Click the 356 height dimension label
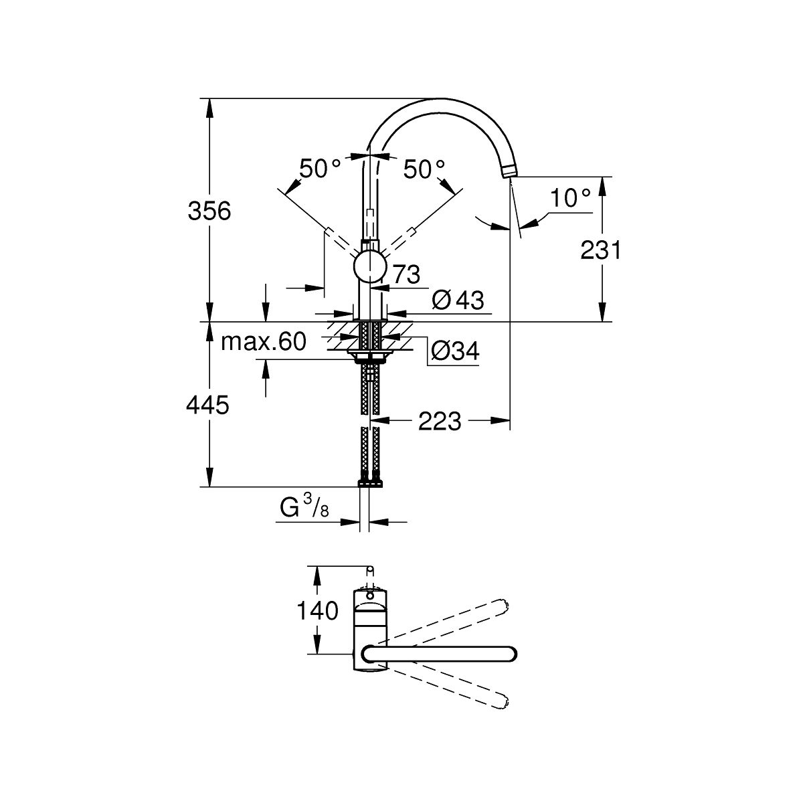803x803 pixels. coord(209,211)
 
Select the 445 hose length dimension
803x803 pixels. coord(209,404)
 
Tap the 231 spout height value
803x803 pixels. coord(600,250)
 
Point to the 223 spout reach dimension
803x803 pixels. coord(440,421)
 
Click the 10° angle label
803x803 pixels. coord(570,197)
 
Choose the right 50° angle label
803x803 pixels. coord(424,169)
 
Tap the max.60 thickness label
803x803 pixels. coord(264,342)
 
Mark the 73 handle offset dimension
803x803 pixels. coord(405,274)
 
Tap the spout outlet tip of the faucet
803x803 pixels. coord(509,173)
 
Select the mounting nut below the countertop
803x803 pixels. coord(369,355)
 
